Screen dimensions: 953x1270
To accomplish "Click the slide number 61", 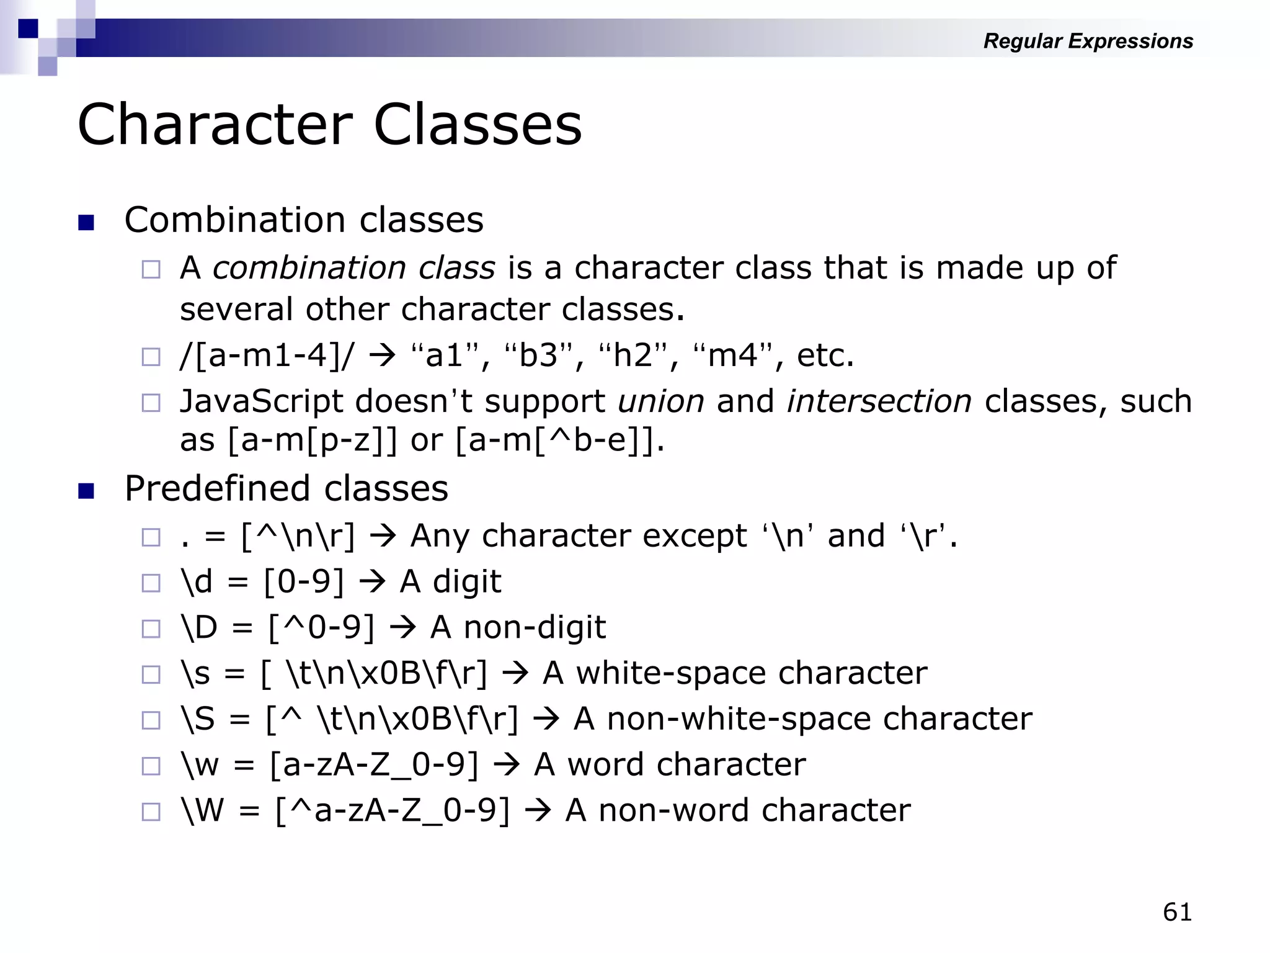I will [1177, 912].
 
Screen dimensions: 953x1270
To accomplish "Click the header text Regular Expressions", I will [1088, 41].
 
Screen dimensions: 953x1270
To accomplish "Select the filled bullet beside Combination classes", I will [86, 222].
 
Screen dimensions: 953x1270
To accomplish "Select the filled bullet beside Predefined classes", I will [86, 491].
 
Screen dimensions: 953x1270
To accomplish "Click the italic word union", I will [661, 401].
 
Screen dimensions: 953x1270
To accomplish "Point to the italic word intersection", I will [879, 401].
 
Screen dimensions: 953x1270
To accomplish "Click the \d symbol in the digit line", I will [196, 582].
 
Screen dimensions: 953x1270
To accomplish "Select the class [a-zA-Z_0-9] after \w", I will [374, 765].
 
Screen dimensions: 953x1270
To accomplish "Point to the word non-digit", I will [535, 628].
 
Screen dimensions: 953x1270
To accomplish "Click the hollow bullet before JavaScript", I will [151, 403].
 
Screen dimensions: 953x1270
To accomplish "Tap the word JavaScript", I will [261, 401].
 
